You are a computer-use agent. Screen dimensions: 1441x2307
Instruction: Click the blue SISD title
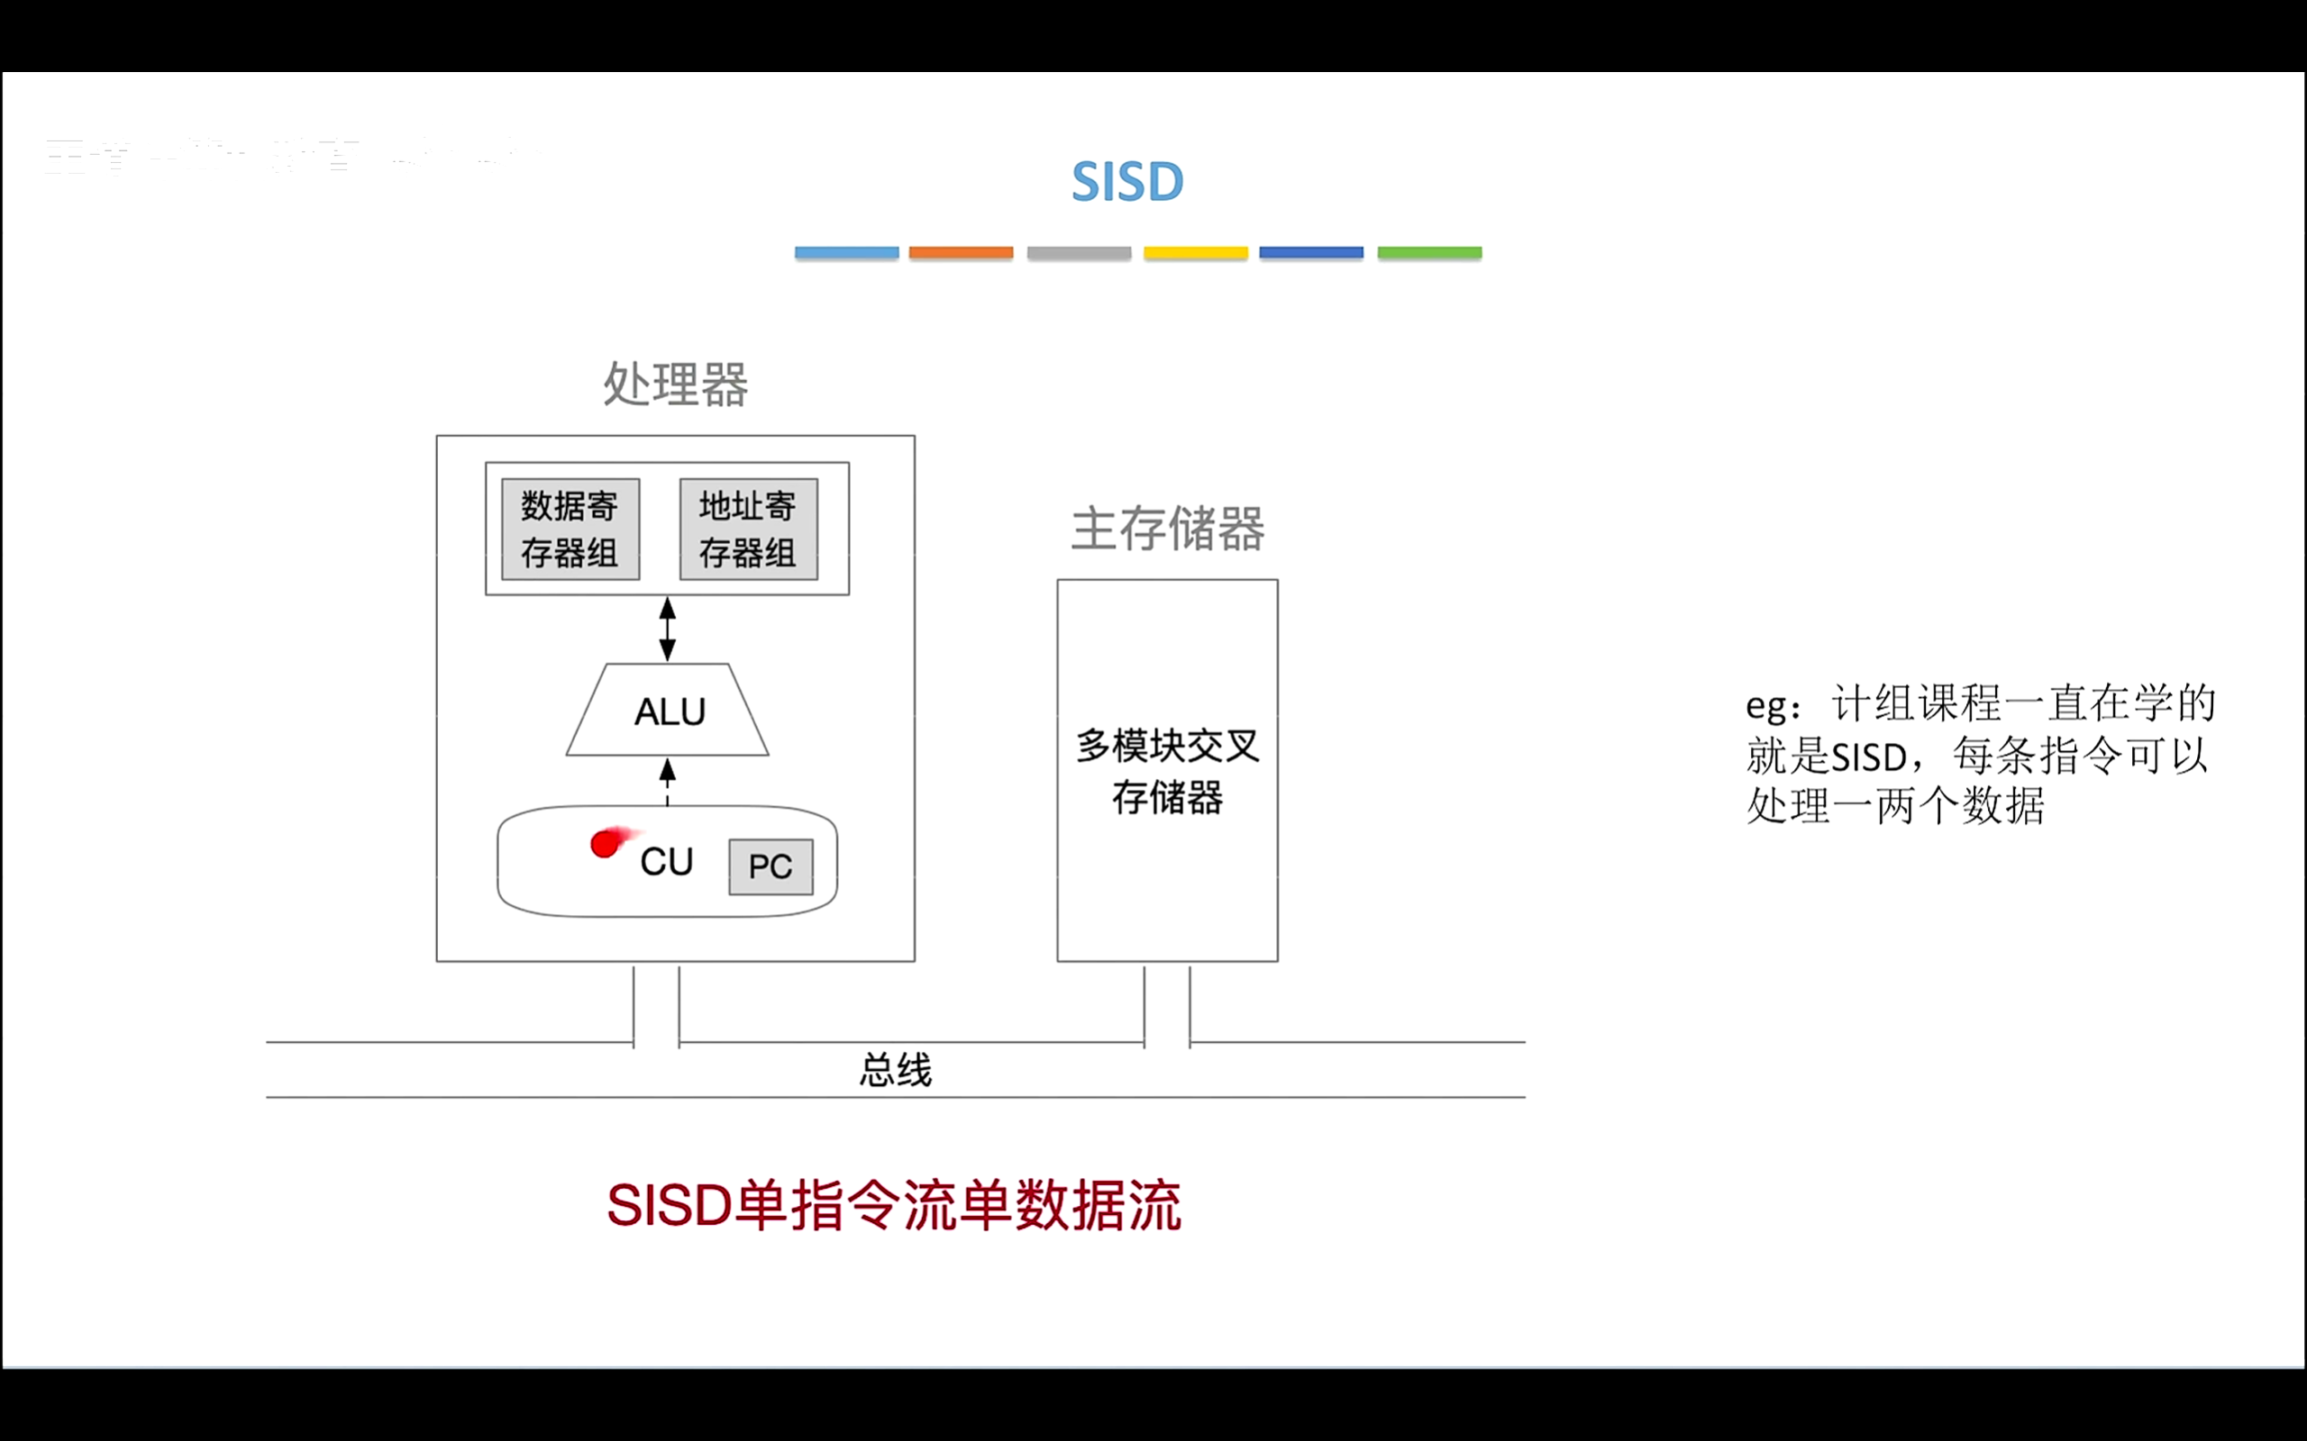[1126, 181]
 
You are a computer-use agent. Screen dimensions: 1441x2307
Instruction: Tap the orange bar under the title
[960, 252]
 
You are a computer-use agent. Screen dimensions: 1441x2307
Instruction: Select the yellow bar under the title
[1196, 252]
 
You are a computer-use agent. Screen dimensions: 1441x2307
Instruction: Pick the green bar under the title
[1429, 252]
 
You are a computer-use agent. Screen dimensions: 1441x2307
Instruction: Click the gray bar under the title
[1078, 252]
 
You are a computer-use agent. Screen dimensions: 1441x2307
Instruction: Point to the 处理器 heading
[675, 384]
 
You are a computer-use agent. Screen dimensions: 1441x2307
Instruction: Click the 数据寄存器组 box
[570, 529]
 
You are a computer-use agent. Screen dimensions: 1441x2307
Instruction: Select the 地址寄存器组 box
[748, 529]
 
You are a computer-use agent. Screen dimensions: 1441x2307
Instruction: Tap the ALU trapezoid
[669, 711]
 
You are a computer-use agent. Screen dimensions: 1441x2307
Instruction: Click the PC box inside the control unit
[771, 866]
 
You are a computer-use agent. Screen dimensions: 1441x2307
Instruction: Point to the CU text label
[666, 862]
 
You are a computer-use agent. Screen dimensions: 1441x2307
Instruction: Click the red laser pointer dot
[605, 844]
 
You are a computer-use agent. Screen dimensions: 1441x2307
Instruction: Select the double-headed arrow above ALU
[667, 629]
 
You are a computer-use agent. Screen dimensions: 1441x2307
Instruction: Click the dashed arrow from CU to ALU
[667, 782]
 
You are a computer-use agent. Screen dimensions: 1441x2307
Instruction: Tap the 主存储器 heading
[1167, 528]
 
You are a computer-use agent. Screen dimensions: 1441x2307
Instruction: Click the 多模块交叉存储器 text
[1167, 771]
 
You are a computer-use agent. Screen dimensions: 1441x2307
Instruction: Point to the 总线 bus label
[895, 1069]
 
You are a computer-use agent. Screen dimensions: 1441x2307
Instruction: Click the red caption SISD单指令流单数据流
[893, 1206]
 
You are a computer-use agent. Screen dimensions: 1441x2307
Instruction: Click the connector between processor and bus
[656, 1005]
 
